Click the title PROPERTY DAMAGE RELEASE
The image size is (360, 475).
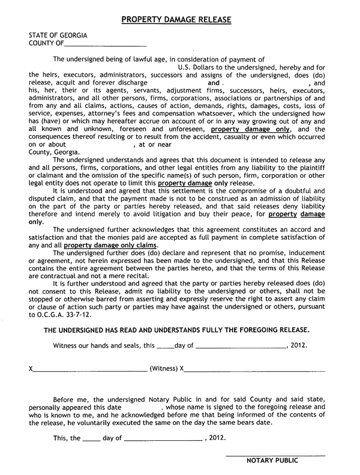click(x=176, y=20)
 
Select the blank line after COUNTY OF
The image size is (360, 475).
click(x=104, y=45)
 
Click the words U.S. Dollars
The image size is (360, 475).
click(x=198, y=68)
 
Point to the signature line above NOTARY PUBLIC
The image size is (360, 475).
click(x=275, y=455)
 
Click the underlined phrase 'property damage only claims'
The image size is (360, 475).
click(x=111, y=246)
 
